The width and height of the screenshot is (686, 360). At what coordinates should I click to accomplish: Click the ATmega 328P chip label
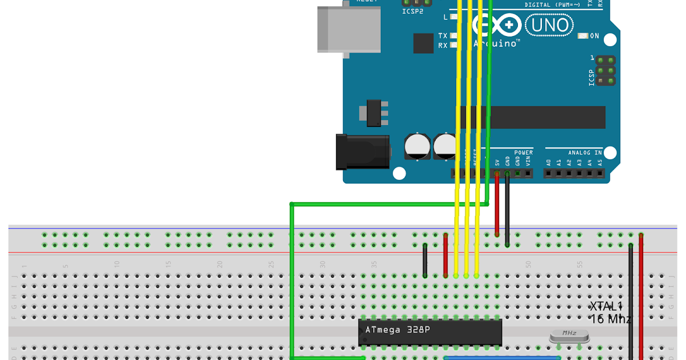click(x=397, y=330)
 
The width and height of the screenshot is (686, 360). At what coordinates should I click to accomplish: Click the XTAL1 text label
click(x=606, y=307)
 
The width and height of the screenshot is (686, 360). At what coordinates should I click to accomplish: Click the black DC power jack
click(x=362, y=151)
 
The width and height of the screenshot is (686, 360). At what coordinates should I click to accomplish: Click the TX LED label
click(x=442, y=36)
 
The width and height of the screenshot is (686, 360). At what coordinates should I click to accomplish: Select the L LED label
click(x=445, y=17)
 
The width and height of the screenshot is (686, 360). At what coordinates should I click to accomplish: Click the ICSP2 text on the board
click(x=413, y=11)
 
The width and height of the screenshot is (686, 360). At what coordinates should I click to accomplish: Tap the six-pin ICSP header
click(x=605, y=71)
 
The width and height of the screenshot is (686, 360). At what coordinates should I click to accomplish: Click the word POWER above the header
click(x=523, y=153)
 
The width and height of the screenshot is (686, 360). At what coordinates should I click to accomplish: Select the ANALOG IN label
click(x=585, y=153)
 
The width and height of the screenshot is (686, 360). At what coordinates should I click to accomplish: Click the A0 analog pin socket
click(x=549, y=173)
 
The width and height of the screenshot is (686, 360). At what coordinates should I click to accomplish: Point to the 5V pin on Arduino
click(x=497, y=173)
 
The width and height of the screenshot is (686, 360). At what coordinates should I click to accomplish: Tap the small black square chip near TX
click(x=423, y=43)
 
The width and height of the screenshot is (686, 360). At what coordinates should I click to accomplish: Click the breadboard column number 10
click(x=117, y=265)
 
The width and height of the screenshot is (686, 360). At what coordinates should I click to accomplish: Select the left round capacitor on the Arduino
click(x=417, y=146)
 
